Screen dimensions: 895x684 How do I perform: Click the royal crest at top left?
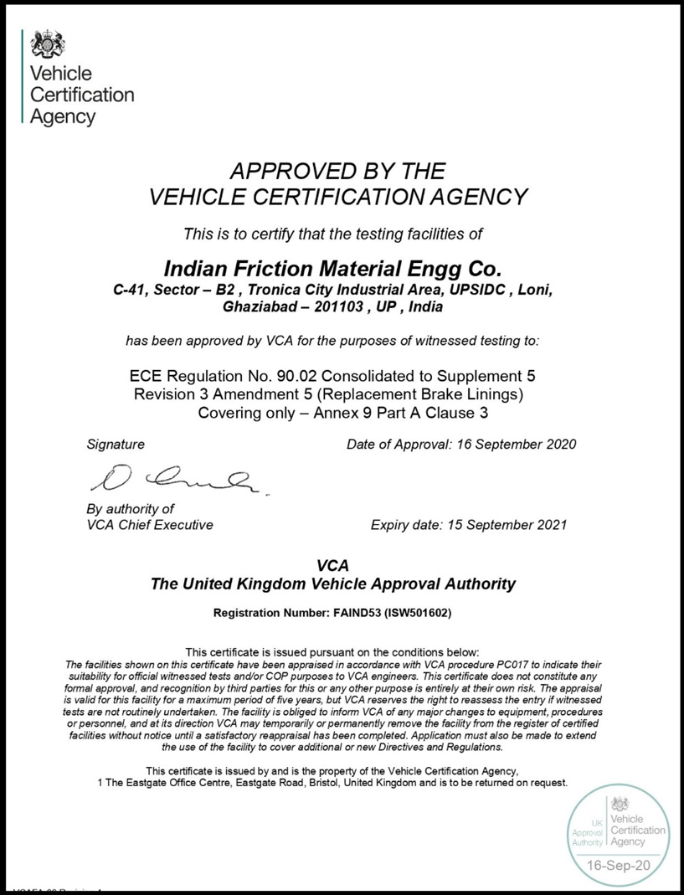click(x=42, y=43)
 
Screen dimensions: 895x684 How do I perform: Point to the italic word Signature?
click(x=116, y=444)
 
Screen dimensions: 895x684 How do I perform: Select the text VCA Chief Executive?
click(x=150, y=526)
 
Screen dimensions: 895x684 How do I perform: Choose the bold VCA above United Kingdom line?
click(x=332, y=565)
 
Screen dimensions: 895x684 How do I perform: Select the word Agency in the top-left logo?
click(x=63, y=117)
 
